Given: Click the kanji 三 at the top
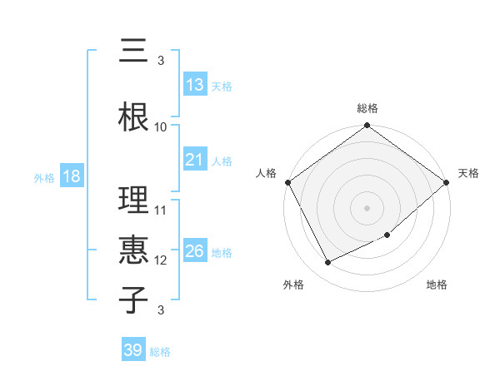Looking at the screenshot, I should click(133, 52).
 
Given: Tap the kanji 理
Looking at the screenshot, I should click(133, 200).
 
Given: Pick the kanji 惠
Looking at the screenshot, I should click(133, 247).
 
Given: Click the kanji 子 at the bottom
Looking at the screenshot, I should click(133, 299).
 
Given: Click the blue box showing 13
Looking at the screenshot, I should click(195, 85).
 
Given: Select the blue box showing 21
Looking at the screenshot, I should click(195, 160).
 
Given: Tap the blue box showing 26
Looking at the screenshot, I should click(195, 251).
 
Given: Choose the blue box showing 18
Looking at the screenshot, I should click(71, 177).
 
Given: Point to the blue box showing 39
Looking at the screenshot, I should click(132, 350).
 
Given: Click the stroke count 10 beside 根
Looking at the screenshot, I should click(161, 127).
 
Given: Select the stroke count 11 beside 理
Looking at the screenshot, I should click(161, 210).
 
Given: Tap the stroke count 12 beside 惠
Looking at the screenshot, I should click(161, 260).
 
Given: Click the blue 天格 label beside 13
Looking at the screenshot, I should click(222, 87).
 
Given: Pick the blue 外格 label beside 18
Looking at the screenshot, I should click(44, 178).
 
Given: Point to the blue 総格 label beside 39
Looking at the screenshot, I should click(160, 352).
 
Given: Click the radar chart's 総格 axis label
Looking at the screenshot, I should click(367, 108).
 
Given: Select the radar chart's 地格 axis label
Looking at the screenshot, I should click(437, 285).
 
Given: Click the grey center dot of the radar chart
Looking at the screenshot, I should click(367, 208).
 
